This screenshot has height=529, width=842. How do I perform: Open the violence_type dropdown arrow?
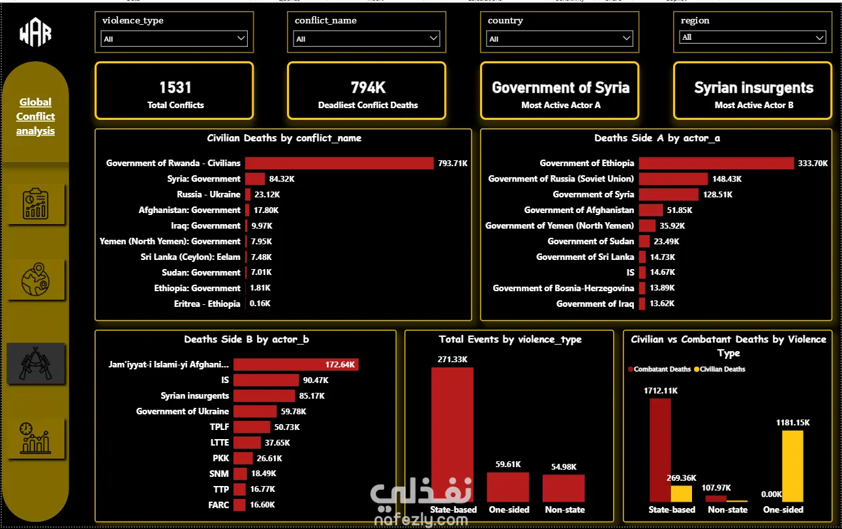click(241, 38)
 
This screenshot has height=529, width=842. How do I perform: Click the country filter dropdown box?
click(560, 38)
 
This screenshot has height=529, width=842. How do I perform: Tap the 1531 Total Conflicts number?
click(175, 87)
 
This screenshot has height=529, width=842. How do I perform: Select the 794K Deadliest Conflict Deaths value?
click(368, 87)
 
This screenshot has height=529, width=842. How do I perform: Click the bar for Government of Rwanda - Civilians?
click(339, 163)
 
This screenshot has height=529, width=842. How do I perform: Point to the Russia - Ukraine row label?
click(209, 195)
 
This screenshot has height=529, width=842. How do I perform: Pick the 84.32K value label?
click(282, 179)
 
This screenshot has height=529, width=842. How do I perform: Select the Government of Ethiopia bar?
click(717, 163)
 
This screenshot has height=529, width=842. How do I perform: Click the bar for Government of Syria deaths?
click(669, 195)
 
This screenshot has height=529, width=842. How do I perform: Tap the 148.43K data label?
click(727, 179)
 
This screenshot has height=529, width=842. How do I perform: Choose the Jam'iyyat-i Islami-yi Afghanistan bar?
click(296, 365)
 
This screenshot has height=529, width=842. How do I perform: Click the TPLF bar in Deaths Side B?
click(252, 427)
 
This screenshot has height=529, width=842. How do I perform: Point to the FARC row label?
click(218, 505)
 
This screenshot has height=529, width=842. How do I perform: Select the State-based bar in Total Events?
click(452, 435)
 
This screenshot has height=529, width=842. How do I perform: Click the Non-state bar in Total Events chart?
click(564, 488)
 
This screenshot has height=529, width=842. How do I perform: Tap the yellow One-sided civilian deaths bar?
click(792, 466)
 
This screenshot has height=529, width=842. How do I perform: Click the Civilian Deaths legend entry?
click(720, 369)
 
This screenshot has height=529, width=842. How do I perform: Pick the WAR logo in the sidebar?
click(35, 33)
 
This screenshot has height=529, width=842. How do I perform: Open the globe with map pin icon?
click(35, 279)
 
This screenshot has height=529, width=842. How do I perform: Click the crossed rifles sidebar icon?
click(35, 364)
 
